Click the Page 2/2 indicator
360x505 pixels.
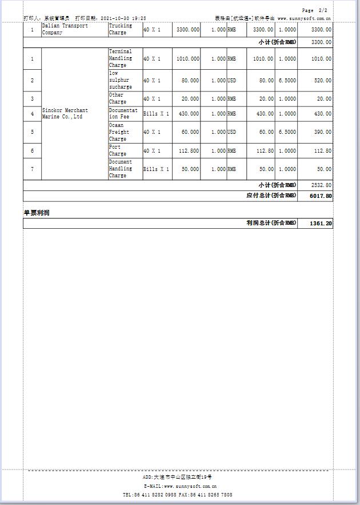click(315, 10)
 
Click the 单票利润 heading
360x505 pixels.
click(36, 213)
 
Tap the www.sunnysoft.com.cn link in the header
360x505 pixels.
click(304, 18)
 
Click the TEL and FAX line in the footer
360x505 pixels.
click(177, 494)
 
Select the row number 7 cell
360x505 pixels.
click(32, 169)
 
